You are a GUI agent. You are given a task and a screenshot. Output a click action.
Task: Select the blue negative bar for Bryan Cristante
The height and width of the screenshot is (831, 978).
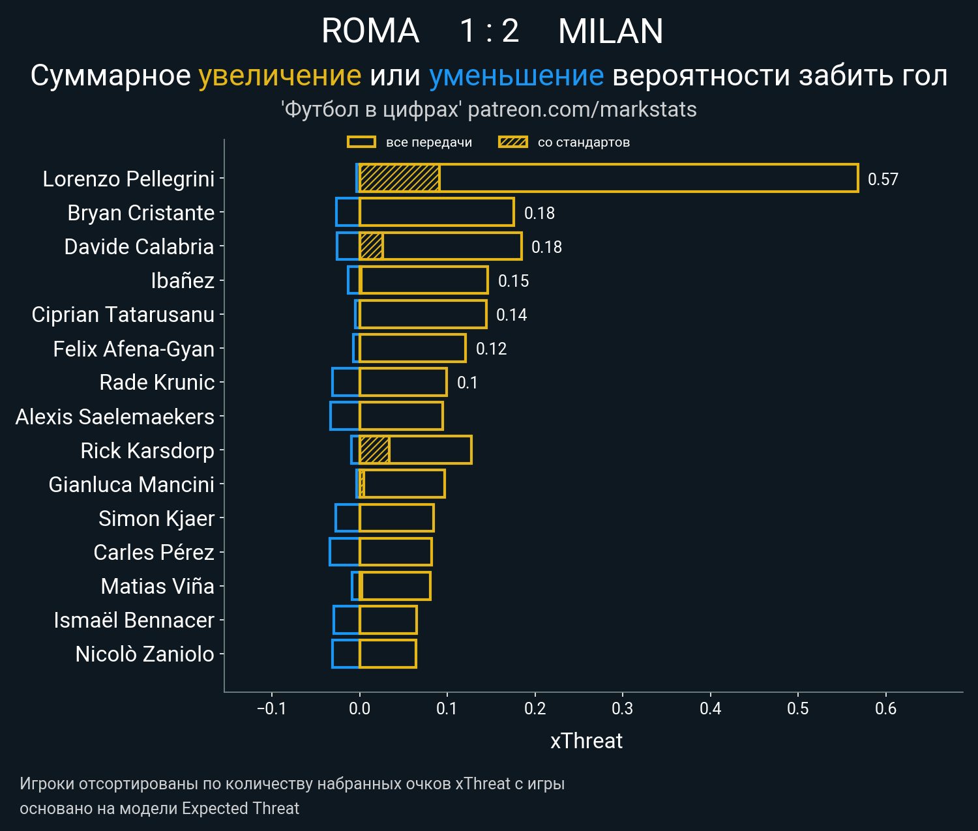(348, 212)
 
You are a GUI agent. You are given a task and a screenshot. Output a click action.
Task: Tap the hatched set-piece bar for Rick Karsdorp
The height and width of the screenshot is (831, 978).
(375, 450)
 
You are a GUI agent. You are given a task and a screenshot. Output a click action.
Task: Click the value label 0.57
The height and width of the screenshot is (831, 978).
(883, 179)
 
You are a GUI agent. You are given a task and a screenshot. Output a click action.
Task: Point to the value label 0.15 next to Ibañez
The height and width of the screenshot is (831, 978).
(513, 281)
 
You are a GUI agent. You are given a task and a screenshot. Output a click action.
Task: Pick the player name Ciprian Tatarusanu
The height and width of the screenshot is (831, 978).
(123, 314)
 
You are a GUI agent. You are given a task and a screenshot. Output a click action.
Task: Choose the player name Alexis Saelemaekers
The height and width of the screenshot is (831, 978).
(115, 416)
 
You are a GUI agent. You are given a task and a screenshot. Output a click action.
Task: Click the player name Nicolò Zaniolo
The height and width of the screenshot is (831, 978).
(144, 654)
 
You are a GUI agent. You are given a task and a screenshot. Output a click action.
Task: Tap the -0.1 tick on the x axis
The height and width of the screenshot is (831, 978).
(271, 708)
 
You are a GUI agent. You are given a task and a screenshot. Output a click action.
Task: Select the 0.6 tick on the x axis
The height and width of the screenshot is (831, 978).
(885, 708)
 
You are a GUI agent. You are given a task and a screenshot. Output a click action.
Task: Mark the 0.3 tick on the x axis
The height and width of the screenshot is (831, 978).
(623, 708)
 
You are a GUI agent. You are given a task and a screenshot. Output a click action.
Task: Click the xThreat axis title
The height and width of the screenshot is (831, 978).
(586, 741)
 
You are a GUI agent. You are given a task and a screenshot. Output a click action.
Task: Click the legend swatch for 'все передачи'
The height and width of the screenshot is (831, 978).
(361, 142)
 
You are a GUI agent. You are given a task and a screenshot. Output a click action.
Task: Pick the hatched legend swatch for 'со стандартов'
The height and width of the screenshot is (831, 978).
(512, 142)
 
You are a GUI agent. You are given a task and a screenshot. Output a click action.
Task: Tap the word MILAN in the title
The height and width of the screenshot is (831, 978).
(610, 31)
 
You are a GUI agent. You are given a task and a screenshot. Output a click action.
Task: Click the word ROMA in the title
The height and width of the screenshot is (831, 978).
(370, 31)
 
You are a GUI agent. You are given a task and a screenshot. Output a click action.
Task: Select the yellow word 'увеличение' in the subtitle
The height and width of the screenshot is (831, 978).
(280, 76)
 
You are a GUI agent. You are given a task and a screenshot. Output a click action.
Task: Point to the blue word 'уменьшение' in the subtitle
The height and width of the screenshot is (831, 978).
(516, 76)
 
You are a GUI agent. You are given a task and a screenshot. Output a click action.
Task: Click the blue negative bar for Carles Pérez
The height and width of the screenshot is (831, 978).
(344, 551)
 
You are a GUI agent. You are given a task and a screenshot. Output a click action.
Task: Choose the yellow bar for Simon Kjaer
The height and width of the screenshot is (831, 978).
(396, 518)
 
